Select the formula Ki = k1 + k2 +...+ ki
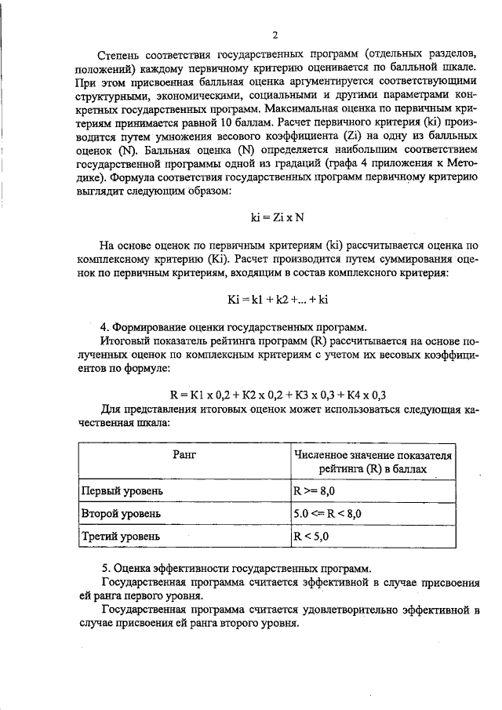coord(275,298)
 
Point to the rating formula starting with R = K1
coord(279,394)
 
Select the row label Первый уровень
coord(123,491)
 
